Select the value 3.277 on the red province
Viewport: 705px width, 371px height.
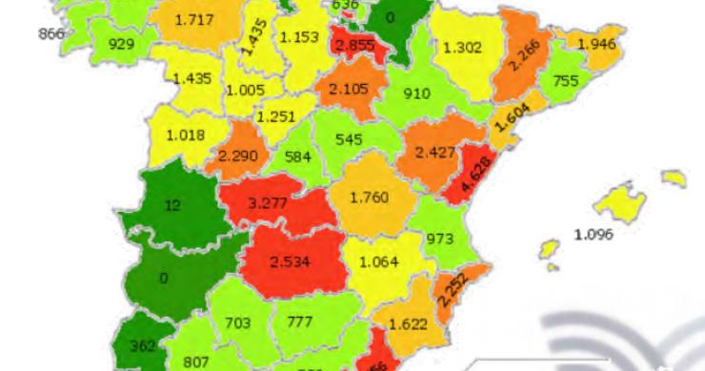[x=266, y=201]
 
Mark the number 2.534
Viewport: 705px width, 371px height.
[x=290, y=263]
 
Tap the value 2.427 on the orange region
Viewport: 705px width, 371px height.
[x=433, y=150]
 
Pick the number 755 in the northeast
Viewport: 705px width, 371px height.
[x=566, y=81]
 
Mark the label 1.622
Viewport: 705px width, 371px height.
[x=409, y=323]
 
